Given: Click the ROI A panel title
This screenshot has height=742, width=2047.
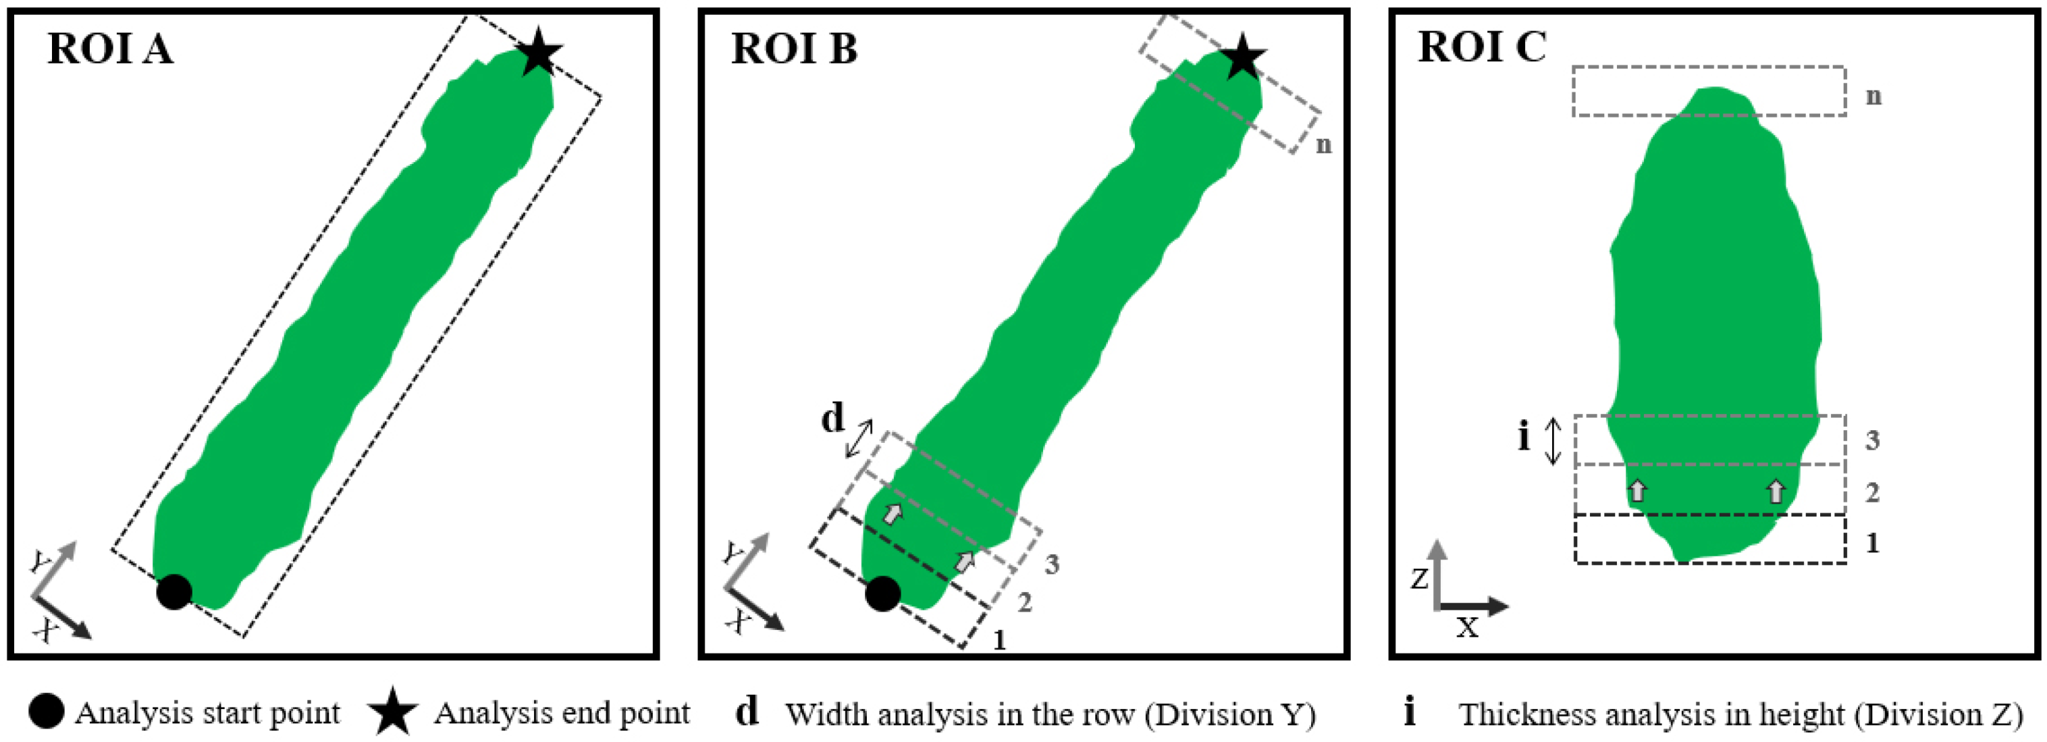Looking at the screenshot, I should (x=109, y=49).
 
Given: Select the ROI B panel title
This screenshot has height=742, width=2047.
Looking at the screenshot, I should (x=794, y=49).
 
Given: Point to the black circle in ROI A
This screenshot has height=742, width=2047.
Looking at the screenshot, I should (x=174, y=592).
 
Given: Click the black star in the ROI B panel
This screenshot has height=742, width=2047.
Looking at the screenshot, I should (x=1242, y=57).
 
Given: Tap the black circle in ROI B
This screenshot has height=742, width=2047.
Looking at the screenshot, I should (x=882, y=593).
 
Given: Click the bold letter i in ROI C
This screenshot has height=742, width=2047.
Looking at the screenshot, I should (x=1523, y=436).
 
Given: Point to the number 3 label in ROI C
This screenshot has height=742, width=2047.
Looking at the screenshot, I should (x=1872, y=440).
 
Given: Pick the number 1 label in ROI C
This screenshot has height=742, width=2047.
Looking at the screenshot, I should (x=1872, y=543).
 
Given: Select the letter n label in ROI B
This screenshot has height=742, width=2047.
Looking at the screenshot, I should (x=1323, y=144).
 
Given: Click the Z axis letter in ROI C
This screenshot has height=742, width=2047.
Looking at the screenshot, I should (x=1419, y=579).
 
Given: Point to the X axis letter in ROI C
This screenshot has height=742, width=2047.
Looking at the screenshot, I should (x=1467, y=629).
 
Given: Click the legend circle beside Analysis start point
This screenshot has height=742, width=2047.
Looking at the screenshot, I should (x=45, y=712).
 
